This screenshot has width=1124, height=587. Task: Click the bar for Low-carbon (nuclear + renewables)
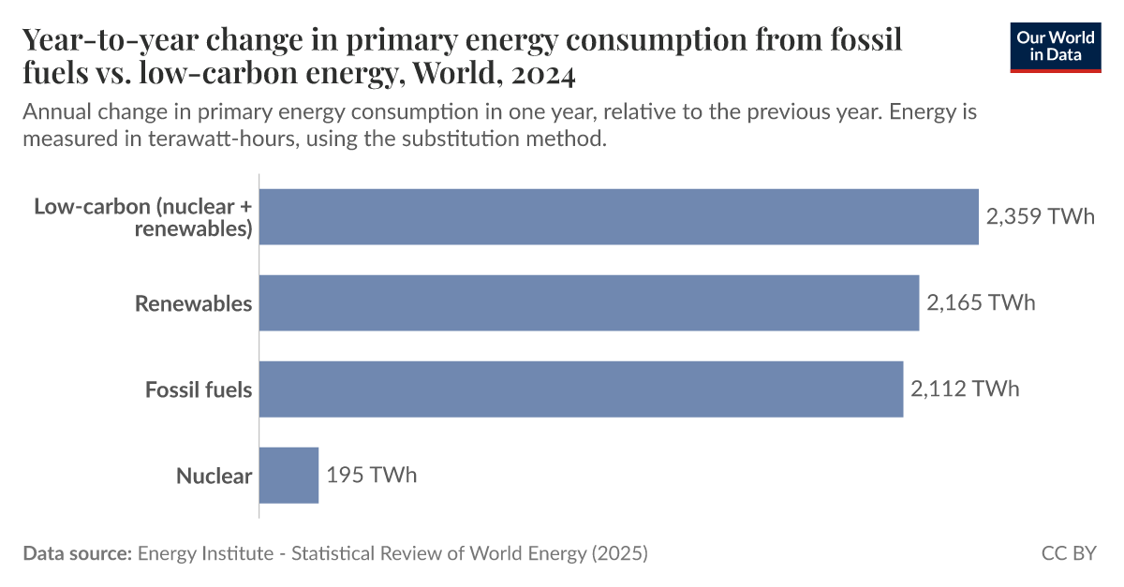(618, 217)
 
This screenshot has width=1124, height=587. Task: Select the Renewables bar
(588, 303)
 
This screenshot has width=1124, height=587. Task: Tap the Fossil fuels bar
(581, 389)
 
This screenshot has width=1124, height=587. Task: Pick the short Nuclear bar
(288, 475)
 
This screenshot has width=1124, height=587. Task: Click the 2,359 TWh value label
(1040, 217)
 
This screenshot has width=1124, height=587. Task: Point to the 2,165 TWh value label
(981, 303)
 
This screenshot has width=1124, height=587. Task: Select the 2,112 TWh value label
(965, 389)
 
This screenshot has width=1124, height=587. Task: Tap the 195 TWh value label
(372, 475)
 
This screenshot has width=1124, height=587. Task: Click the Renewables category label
(193, 303)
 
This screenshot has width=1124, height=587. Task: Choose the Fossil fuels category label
(199, 389)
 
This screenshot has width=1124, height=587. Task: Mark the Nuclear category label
(214, 476)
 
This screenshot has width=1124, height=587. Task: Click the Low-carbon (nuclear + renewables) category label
(143, 217)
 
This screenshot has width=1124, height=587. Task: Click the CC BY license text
(1069, 553)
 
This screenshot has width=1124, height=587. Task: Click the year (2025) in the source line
(619, 553)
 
